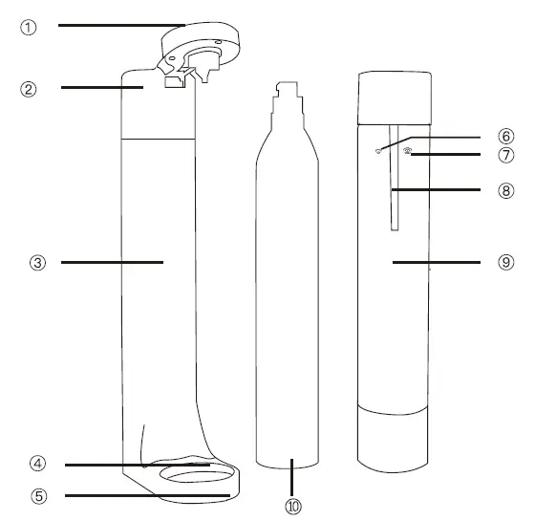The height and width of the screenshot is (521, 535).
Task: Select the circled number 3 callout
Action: pyautogui.click(x=37, y=262)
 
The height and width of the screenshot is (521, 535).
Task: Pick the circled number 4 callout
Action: pyautogui.click(x=37, y=464)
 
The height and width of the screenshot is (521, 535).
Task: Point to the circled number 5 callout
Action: pyautogui.click(x=37, y=495)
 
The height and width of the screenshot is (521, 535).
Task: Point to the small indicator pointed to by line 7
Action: pyautogui.click(x=409, y=151)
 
